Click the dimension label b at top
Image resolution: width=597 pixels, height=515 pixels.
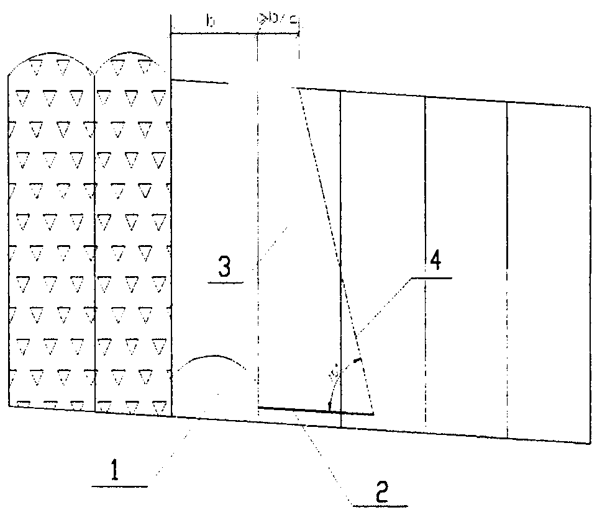(211, 22)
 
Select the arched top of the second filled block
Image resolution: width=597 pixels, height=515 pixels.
(132, 56)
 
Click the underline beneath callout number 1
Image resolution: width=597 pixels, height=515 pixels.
(119, 487)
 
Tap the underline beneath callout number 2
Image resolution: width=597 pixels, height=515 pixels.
(376, 501)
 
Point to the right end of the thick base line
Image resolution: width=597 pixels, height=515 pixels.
(373, 413)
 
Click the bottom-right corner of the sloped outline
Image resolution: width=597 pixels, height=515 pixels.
(588, 443)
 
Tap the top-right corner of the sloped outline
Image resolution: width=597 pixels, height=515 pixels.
(588, 107)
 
